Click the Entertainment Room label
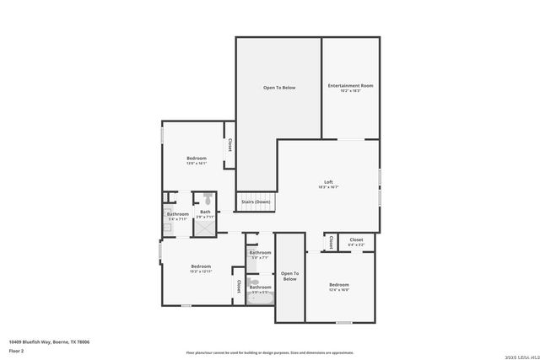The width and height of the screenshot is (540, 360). click(x=350, y=85)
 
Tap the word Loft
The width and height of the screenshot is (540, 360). click(x=329, y=182)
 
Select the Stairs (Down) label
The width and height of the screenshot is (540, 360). click(x=256, y=202)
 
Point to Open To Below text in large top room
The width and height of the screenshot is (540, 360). click(x=278, y=88)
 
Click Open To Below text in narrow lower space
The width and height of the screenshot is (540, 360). click(x=289, y=276)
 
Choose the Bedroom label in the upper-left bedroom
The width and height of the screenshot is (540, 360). click(x=197, y=159)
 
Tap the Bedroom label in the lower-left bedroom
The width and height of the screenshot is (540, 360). click(x=201, y=266)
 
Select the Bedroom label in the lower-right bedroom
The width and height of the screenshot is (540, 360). click(x=338, y=285)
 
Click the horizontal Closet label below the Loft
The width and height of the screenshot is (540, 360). click(x=356, y=239)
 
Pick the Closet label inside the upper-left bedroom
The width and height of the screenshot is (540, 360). click(x=229, y=145)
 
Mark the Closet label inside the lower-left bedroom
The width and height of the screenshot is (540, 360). click(x=239, y=287)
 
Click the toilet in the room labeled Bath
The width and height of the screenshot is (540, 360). click(x=208, y=200)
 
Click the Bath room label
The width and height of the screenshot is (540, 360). click(x=205, y=212)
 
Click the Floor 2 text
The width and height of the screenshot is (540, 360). click(x=17, y=351)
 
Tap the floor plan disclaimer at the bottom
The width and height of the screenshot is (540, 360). click(x=270, y=351)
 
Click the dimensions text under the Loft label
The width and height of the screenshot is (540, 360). click(x=329, y=188)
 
